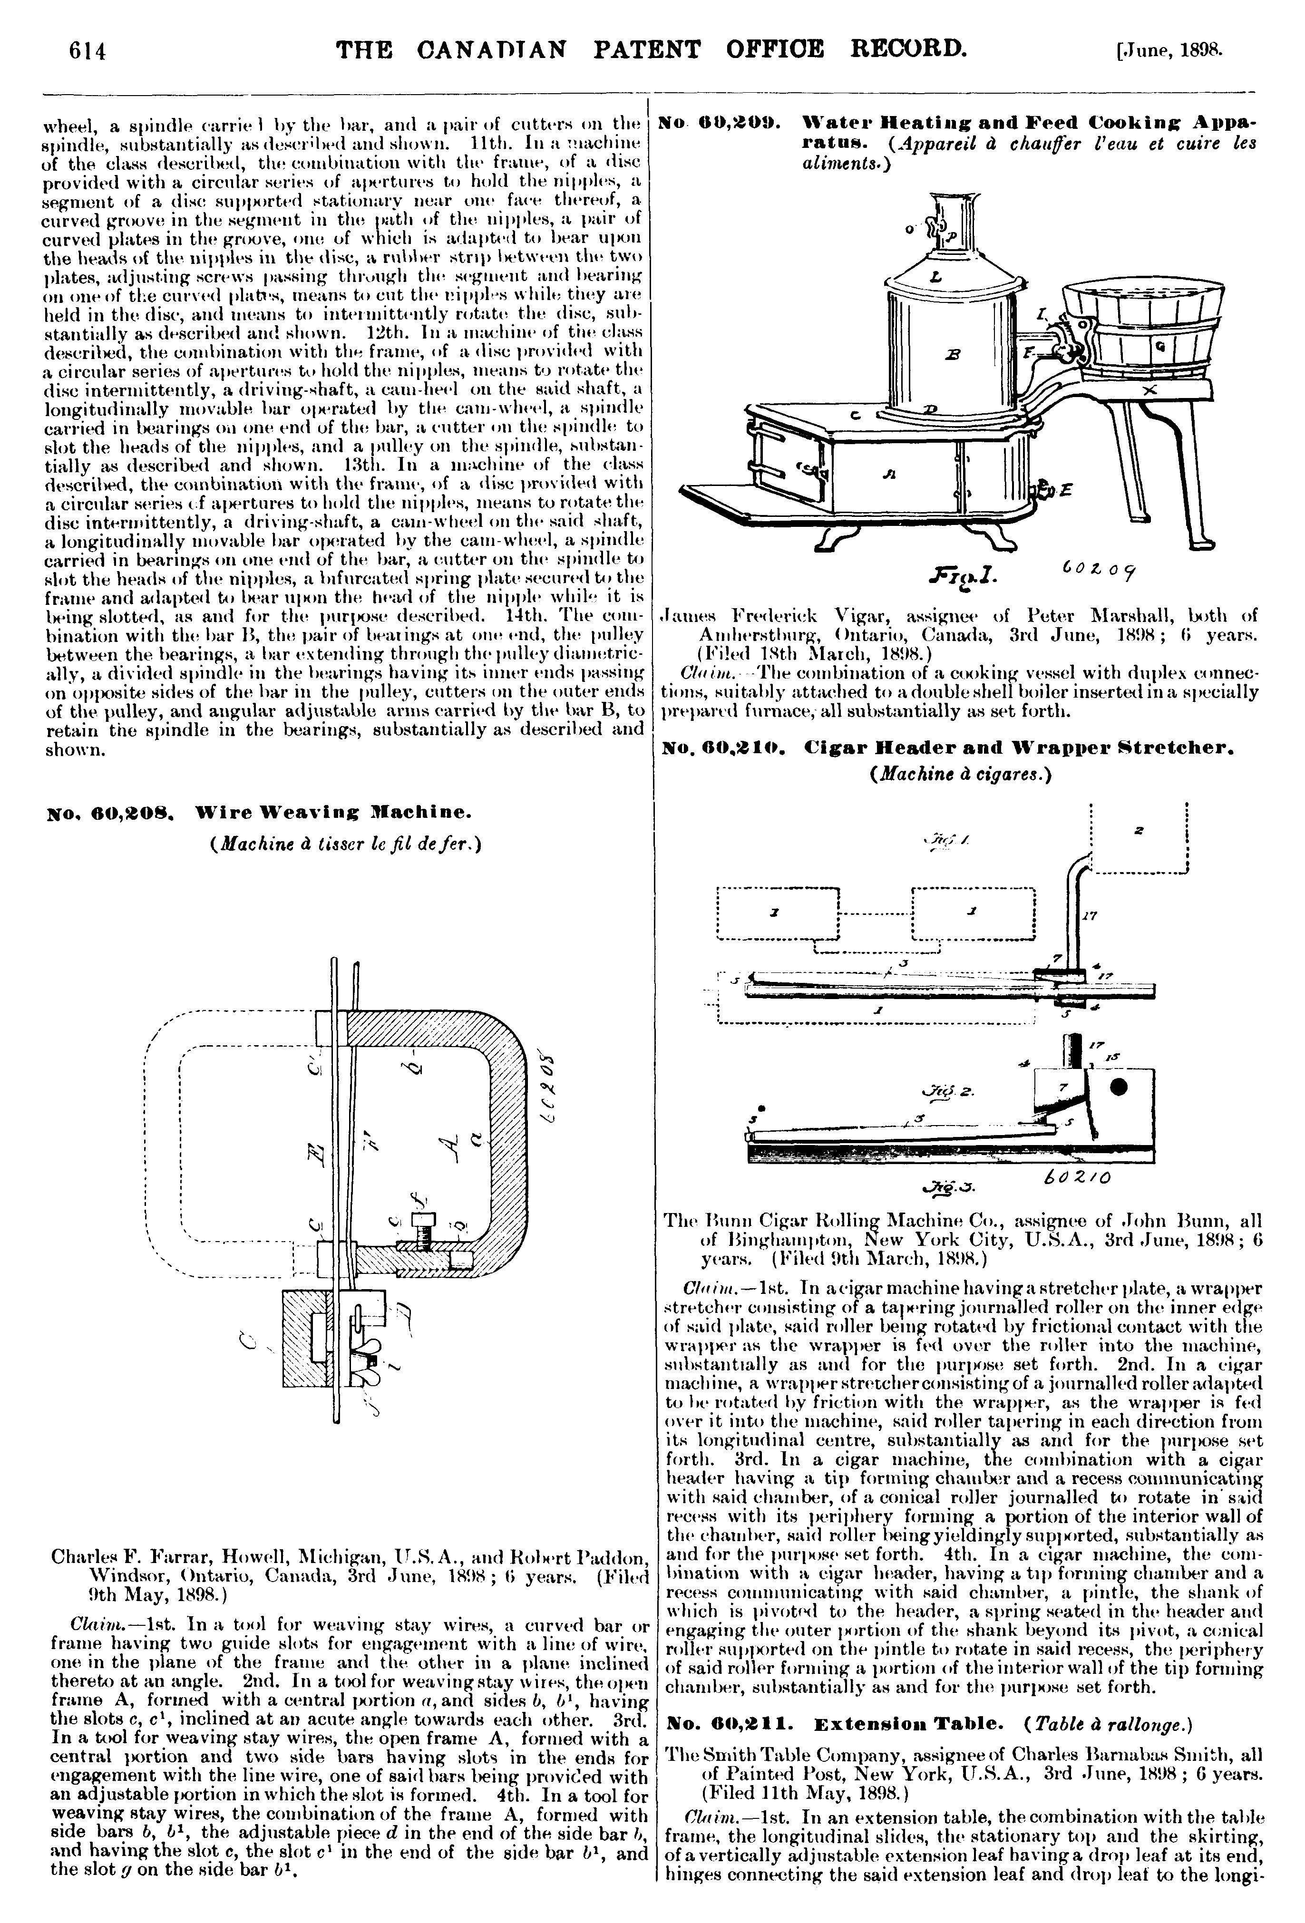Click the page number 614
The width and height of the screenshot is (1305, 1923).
pyautogui.click(x=88, y=51)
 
